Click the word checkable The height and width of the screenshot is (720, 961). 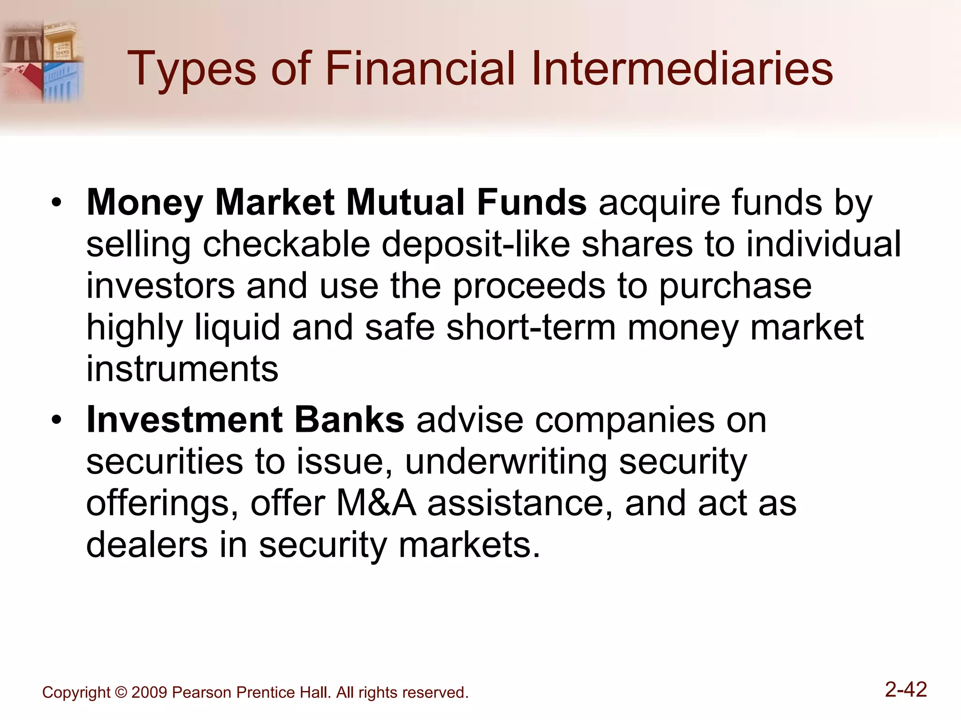pos(286,244)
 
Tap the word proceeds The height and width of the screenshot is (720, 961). pos(529,286)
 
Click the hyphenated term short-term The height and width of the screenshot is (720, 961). pos(531,328)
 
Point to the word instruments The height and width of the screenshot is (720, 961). pos(183,369)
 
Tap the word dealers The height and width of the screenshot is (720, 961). pos(147,545)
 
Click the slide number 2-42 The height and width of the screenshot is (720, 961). pos(906,690)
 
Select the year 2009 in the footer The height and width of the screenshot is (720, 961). pos(149,692)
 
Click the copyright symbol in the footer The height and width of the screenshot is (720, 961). pos(121,692)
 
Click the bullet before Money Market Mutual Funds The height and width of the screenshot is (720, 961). pos(57,203)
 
